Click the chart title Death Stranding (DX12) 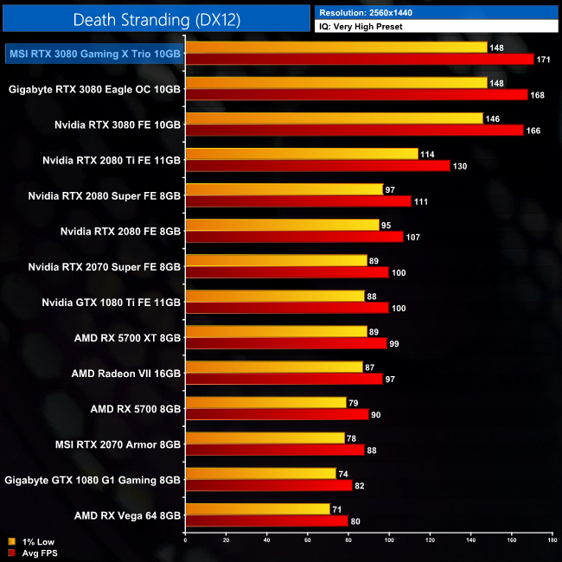(156, 18)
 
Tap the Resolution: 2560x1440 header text (371, 12)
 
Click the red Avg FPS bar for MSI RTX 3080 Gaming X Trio (360, 59)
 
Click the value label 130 (463, 165)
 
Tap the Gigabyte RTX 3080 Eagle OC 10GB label (94, 88)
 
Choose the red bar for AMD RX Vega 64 (266, 520)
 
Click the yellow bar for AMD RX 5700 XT (276, 331)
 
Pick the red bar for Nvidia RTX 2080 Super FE (298, 201)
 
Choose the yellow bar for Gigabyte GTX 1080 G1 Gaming (260, 473)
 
